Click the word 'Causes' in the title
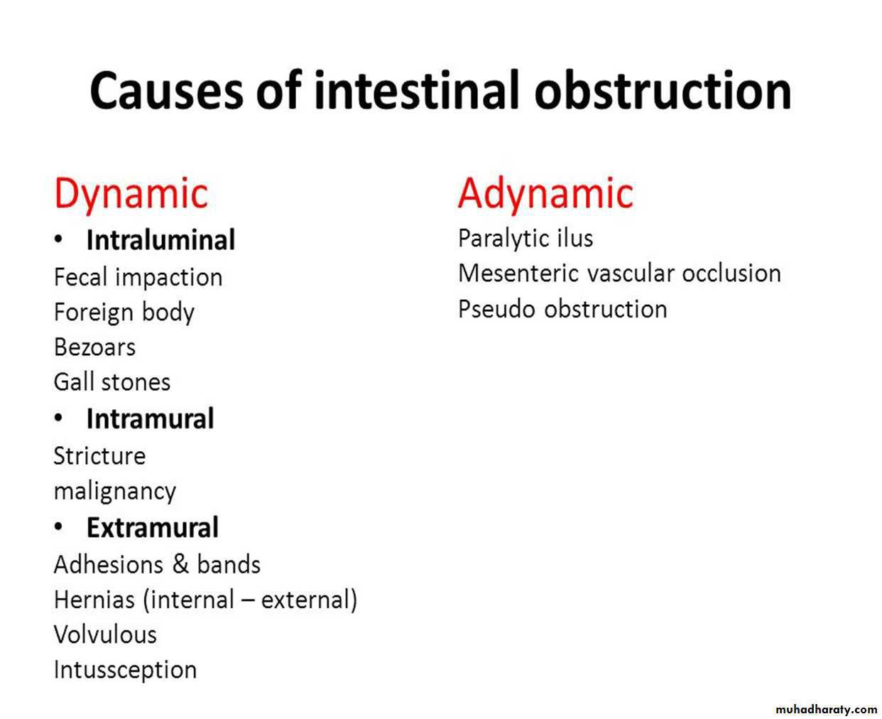[x=166, y=91]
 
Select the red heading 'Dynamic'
[x=131, y=193]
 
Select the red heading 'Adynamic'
[x=545, y=193]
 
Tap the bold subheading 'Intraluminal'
[x=160, y=240]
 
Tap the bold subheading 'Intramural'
[x=150, y=419]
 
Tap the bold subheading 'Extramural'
[x=152, y=528]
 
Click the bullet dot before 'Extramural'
[x=59, y=527]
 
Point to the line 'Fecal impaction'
[x=138, y=277]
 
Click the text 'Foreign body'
[x=124, y=313]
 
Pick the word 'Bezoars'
[x=94, y=347]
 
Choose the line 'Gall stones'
[x=112, y=382]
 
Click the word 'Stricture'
[x=99, y=456]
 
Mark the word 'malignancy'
[x=115, y=492]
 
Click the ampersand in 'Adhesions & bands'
[x=180, y=565]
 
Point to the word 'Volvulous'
[x=105, y=634]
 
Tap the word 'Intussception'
[x=125, y=669]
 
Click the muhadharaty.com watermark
[x=825, y=709]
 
